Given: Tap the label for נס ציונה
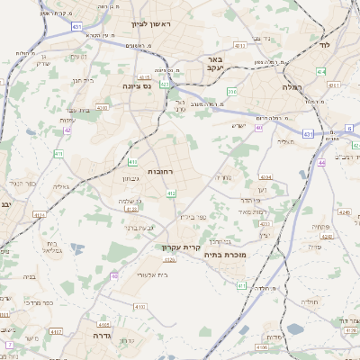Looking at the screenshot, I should click(x=137, y=86).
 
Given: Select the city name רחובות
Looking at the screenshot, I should click(x=159, y=170).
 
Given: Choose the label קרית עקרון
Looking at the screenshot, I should click(x=179, y=247).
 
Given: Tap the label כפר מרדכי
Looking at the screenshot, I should click(x=64, y=302).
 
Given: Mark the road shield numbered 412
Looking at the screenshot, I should click(x=171, y=193).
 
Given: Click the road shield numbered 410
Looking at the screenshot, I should click(x=132, y=163).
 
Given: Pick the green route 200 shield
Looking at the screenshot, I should click(x=232, y=91).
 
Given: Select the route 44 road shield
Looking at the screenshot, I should click(x=321, y=163).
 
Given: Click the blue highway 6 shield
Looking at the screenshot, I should click(x=349, y=128).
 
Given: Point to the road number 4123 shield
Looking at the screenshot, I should click(x=131, y=209).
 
